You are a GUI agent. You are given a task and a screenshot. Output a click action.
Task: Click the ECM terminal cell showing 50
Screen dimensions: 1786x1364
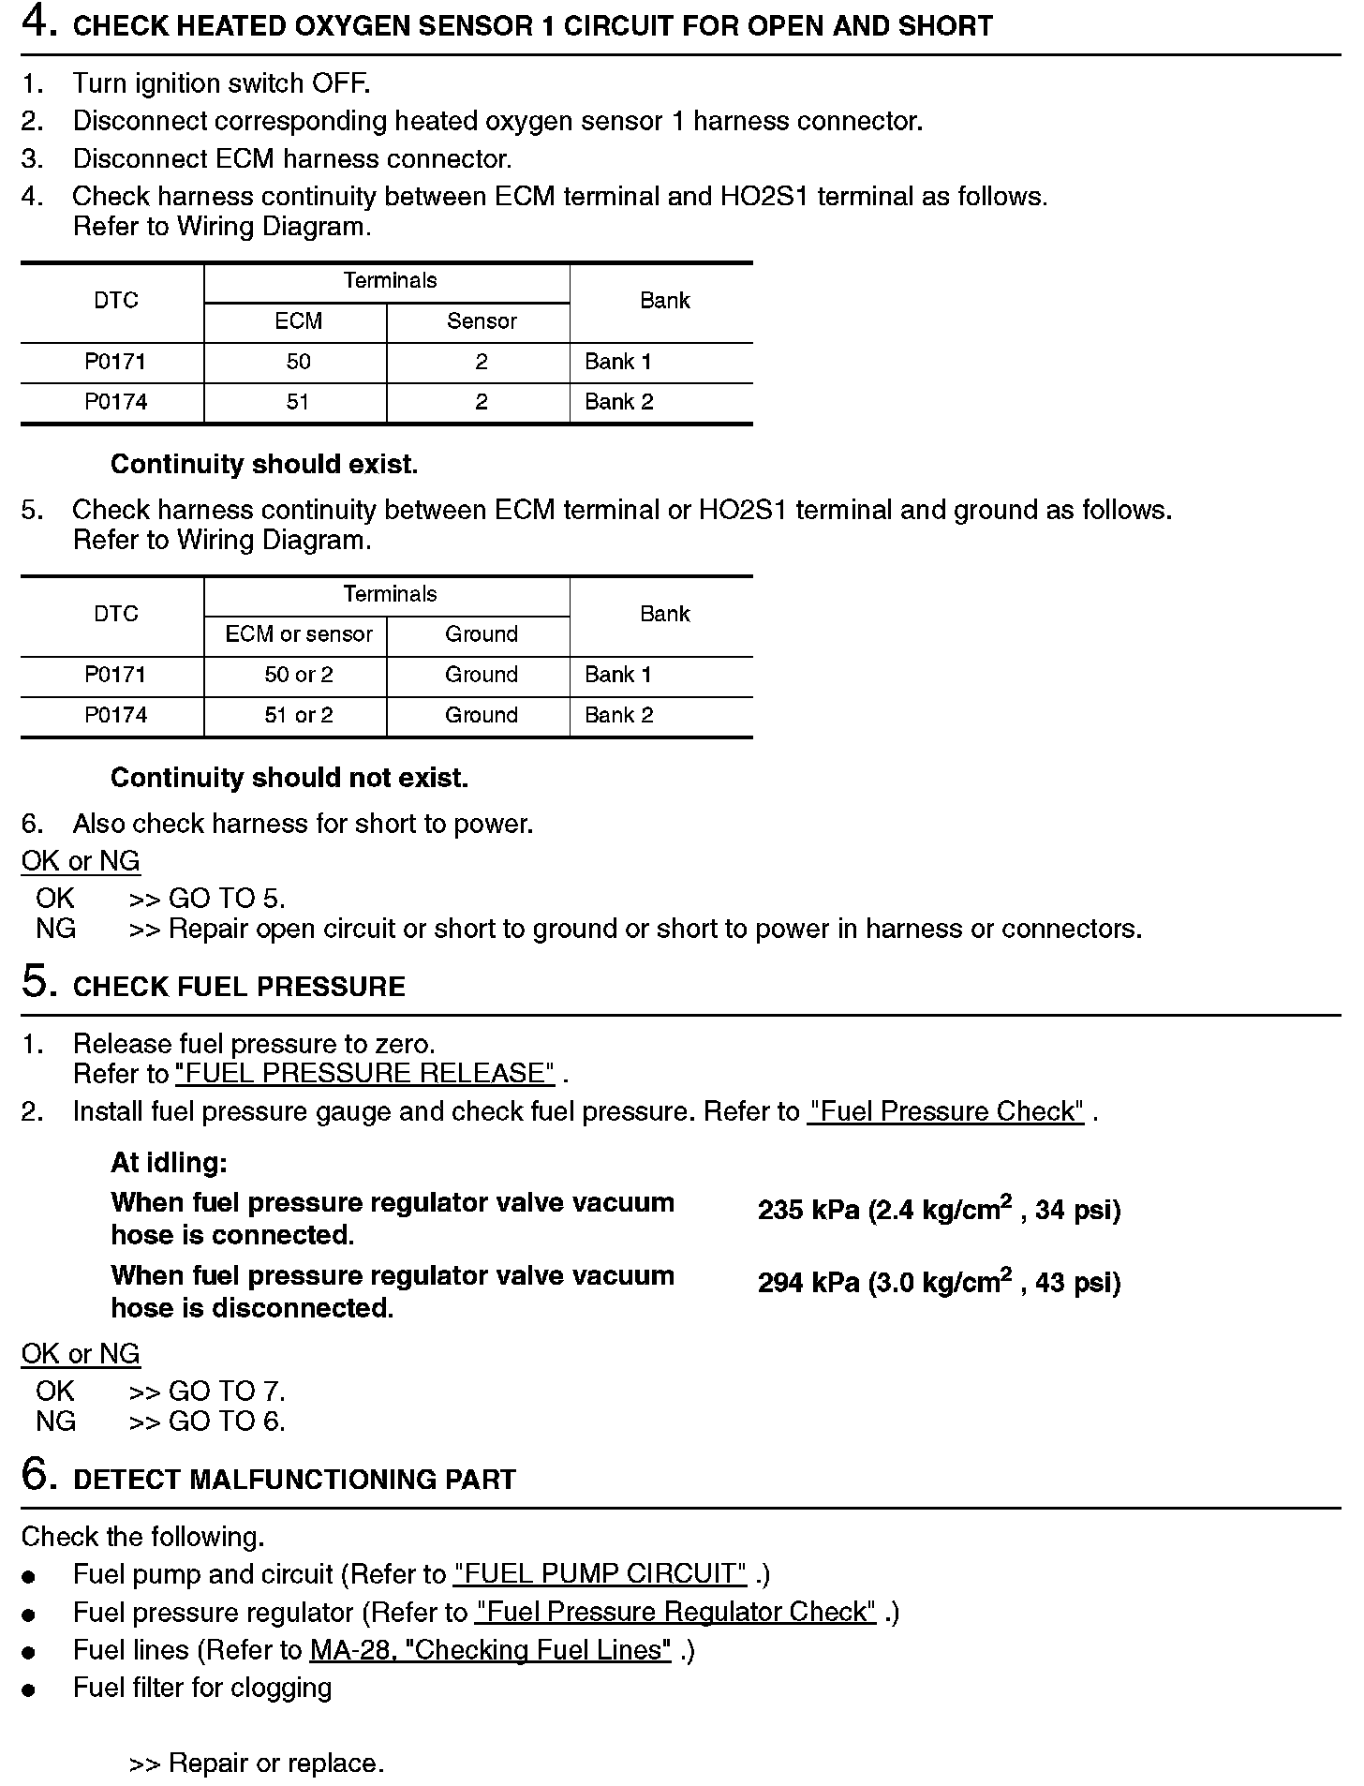[x=298, y=362]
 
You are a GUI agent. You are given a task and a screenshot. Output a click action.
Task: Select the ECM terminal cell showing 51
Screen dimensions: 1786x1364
[x=298, y=402]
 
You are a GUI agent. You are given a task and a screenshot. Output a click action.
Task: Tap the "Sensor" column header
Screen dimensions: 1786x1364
[x=482, y=321]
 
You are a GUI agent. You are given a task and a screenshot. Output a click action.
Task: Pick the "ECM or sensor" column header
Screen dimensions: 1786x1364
[x=299, y=634]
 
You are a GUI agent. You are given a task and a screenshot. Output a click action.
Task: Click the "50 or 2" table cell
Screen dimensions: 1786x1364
[x=299, y=675]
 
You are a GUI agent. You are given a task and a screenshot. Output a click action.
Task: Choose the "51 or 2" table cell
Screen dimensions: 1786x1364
[x=299, y=715]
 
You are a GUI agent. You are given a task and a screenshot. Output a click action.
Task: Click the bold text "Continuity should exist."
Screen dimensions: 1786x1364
[x=264, y=464]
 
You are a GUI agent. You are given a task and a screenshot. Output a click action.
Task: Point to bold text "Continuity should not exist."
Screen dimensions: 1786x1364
[x=289, y=778]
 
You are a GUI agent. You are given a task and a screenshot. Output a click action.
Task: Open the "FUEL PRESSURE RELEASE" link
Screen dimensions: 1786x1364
[x=364, y=1073]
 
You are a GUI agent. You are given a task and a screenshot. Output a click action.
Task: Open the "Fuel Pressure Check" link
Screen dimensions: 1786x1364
[x=945, y=1111]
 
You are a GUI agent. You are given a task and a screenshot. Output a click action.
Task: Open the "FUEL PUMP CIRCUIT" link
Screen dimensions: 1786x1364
[x=600, y=1573]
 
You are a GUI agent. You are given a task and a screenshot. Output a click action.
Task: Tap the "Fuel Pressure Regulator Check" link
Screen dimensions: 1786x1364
[x=675, y=1612]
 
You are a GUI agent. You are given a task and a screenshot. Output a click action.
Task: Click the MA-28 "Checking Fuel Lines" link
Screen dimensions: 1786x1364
[x=490, y=1649]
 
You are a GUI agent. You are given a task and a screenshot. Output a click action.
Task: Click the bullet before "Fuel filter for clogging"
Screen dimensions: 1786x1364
[x=29, y=1689]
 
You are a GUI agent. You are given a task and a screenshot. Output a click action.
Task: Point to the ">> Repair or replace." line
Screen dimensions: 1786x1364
[x=256, y=1763]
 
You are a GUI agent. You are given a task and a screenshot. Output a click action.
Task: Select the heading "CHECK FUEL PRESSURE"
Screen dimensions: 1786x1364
[x=239, y=987]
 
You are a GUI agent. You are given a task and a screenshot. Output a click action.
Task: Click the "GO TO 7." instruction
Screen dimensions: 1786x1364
[x=226, y=1392]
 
